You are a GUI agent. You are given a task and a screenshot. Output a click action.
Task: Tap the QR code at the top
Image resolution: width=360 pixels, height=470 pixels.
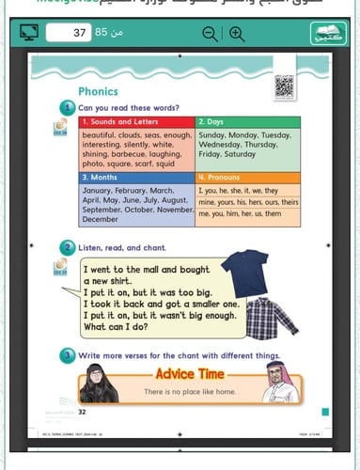(x=284, y=86)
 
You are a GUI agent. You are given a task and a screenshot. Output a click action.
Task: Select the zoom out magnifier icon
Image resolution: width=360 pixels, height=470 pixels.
(x=210, y=35)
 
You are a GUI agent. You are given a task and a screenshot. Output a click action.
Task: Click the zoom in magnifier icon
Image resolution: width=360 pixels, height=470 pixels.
(x=236, y=35)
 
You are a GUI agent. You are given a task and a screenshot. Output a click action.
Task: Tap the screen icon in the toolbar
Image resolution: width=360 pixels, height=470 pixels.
(x=29, y=35)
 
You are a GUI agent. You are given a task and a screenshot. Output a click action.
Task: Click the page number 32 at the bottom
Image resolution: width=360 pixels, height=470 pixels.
(x=83, y=411)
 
